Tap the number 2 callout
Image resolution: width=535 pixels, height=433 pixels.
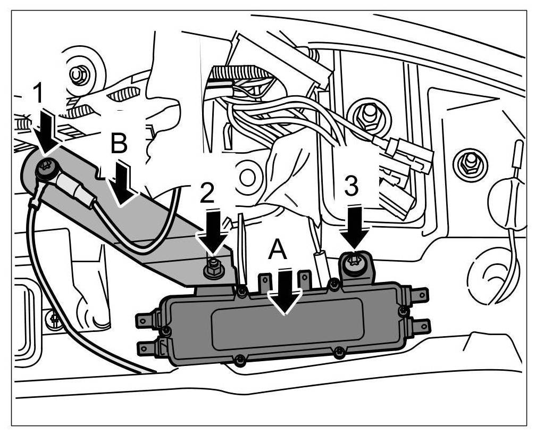(208, 195)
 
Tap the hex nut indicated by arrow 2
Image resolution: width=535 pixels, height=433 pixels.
(214, 267)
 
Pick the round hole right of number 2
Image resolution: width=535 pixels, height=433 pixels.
(246, 176)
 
